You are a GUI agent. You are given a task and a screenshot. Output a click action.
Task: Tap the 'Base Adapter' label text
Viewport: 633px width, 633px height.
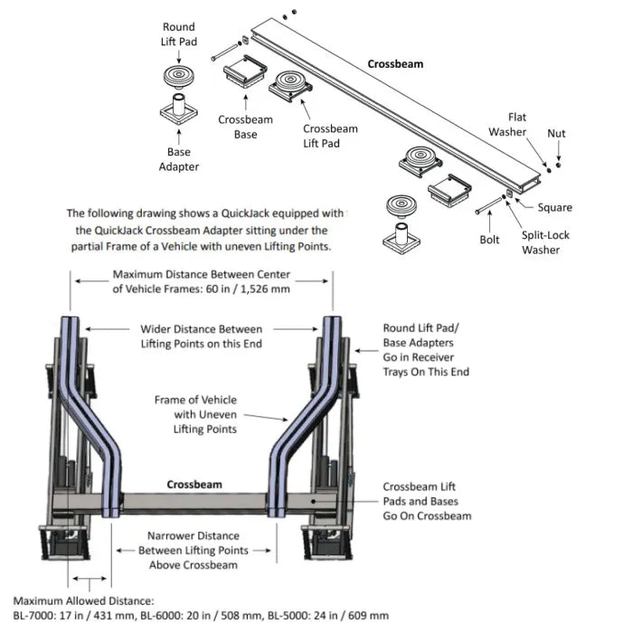pyautogui.click(x=178, y=159)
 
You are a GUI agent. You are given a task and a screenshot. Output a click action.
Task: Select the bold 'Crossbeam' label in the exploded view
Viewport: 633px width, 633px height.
pyautogui.click(x=395, y=64)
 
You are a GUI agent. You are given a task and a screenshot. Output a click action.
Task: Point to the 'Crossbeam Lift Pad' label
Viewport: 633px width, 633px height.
pyautogui.click(x=329, y=136)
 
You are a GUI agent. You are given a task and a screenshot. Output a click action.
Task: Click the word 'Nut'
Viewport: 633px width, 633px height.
pyautogui.click(x=557, y=134)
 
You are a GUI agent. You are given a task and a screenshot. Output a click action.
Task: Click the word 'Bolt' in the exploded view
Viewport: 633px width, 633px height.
pyautogui.click(x=489, y=240)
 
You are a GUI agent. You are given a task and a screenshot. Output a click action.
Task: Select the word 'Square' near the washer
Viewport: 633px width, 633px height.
pyautogui.click(x=554, y=207)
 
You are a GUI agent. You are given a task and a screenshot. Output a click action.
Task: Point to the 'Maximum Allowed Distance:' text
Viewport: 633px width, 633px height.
pyautogui.click(x=83, y=600)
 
